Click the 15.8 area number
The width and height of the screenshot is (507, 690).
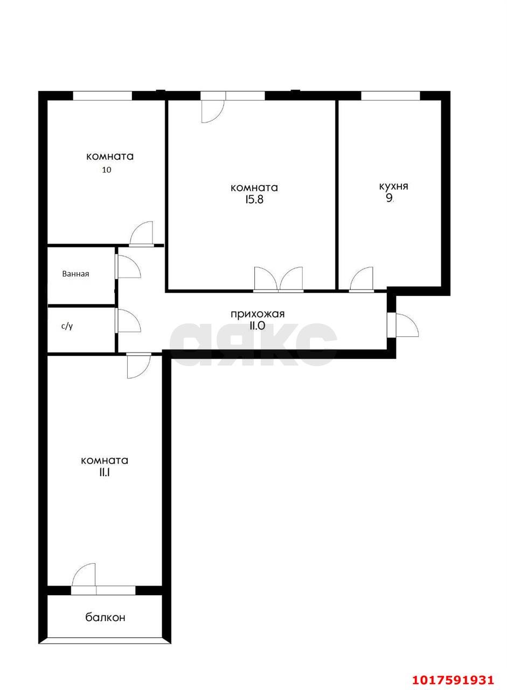pos(254,199)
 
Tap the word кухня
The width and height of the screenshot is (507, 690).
pos(393,187)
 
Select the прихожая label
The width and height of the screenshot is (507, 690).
pos(258,314)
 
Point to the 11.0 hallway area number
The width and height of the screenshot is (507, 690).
pos(257,326)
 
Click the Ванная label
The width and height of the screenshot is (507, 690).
pos(75,273)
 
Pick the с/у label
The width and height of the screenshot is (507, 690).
pos(67,327)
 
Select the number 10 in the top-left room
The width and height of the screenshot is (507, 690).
pos(107,170)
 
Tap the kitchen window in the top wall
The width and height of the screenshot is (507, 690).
pos(390,96)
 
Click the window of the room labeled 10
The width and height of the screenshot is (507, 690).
pos(102,96)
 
